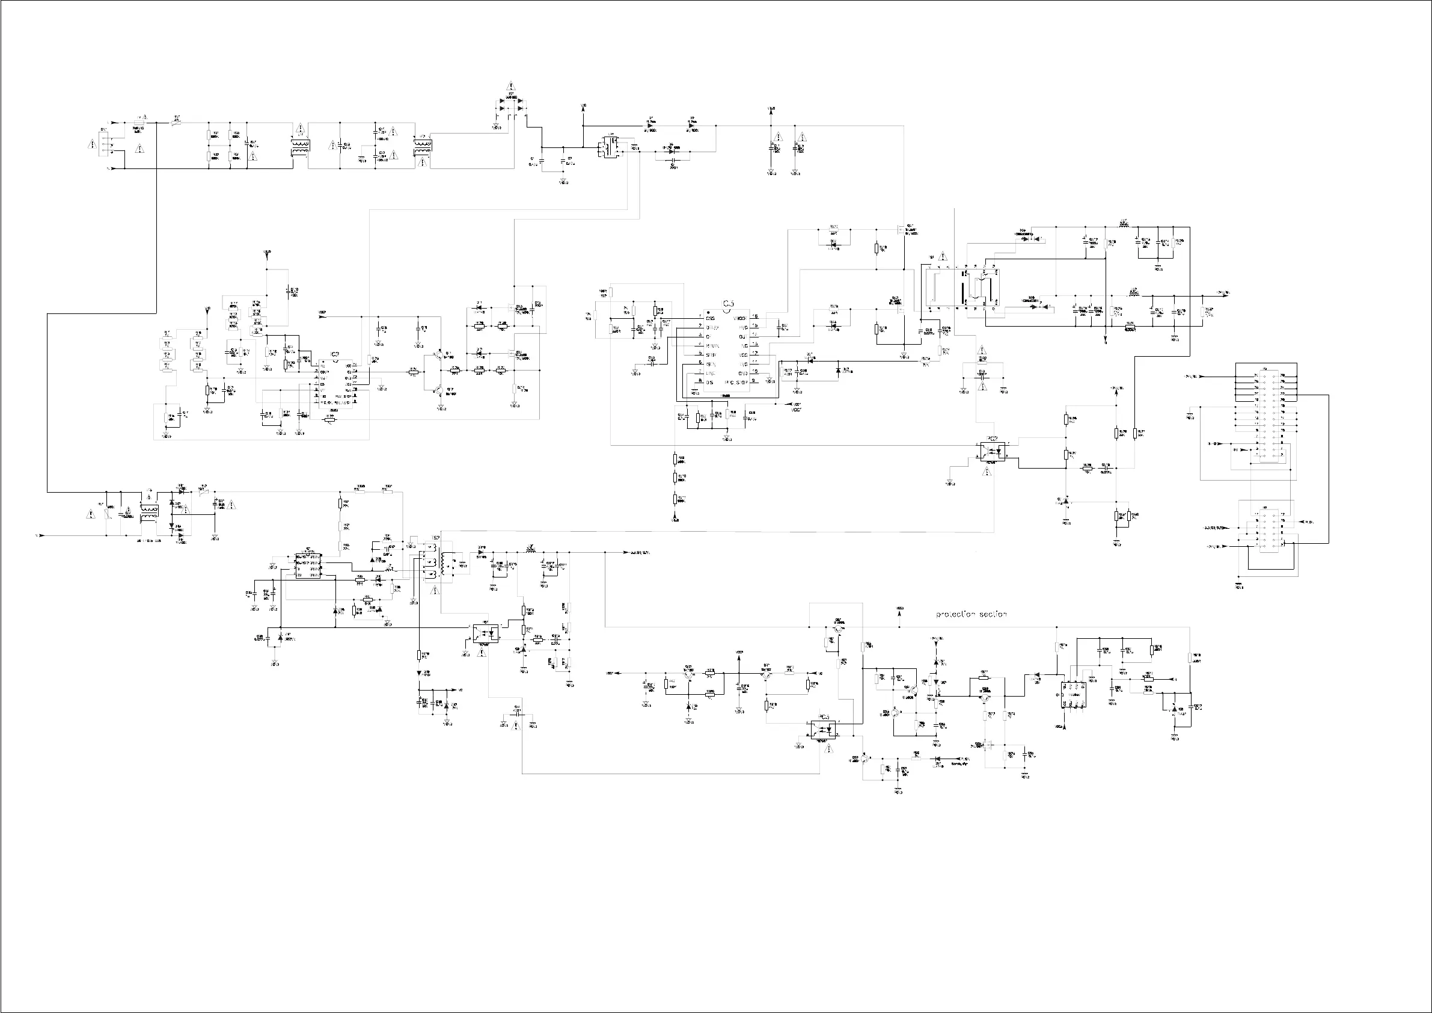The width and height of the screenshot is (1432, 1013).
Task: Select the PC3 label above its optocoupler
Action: (824, 717)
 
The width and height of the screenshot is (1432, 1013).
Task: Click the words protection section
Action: (971, 614)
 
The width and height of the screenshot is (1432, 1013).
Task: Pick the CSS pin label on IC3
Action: (710, 318)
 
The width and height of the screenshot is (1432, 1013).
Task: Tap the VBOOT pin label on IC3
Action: (740, 318)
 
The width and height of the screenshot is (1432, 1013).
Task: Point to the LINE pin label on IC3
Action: (710, 372)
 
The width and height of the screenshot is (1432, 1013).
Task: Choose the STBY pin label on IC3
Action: (711, 354)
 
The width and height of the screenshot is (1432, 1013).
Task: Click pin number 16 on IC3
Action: (754, 317)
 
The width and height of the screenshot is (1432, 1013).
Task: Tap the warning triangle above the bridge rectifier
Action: (510, 86)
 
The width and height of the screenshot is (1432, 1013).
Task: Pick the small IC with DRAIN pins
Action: (308, 565)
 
